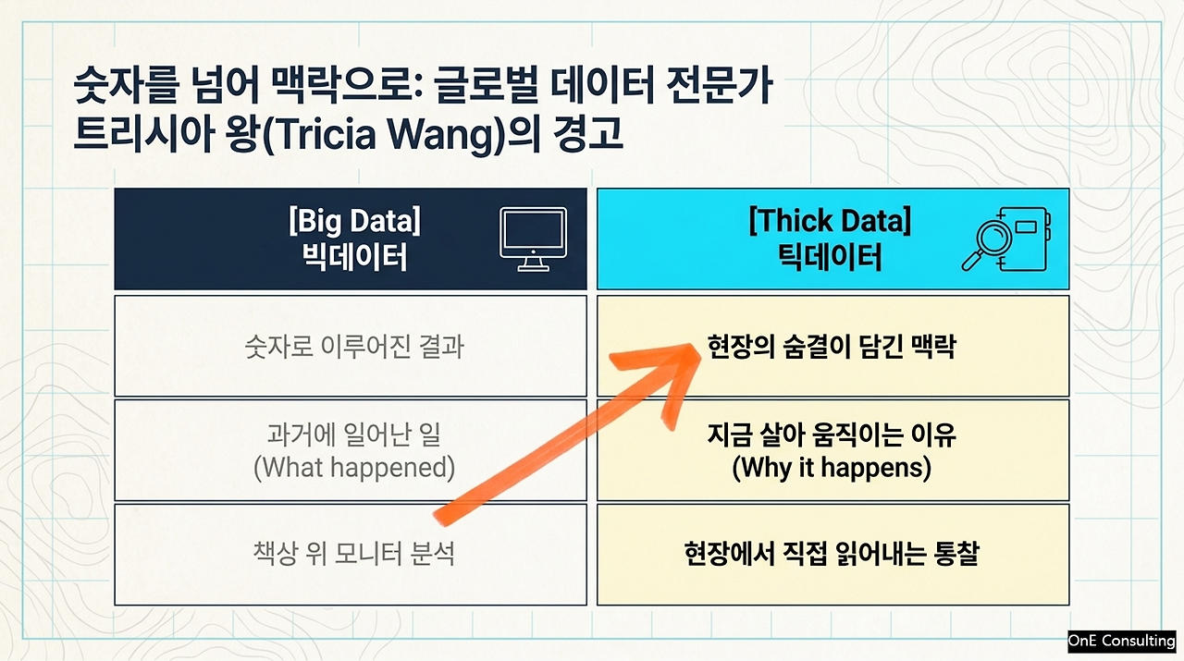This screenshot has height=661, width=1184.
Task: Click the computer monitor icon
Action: (534, 239)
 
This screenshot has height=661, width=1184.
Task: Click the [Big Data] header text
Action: (354, 221)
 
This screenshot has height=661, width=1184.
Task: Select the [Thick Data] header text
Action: (830, 221)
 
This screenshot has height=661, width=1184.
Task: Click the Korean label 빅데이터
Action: (354, 257)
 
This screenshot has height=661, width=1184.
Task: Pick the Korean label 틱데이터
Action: (830, 257)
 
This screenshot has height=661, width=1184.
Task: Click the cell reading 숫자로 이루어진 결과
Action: (354, 348)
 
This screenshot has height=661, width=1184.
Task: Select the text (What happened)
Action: (354, 468)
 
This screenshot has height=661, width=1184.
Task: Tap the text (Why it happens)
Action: (832, 468)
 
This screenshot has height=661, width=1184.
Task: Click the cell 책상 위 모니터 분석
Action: (354, 554)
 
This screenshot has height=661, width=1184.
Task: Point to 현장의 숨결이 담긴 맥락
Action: (832, 347)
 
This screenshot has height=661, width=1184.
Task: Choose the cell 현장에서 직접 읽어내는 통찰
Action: (832, 554)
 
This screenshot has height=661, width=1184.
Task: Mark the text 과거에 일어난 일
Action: (354, 435)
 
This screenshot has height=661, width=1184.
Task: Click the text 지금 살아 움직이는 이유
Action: (832, 435)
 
